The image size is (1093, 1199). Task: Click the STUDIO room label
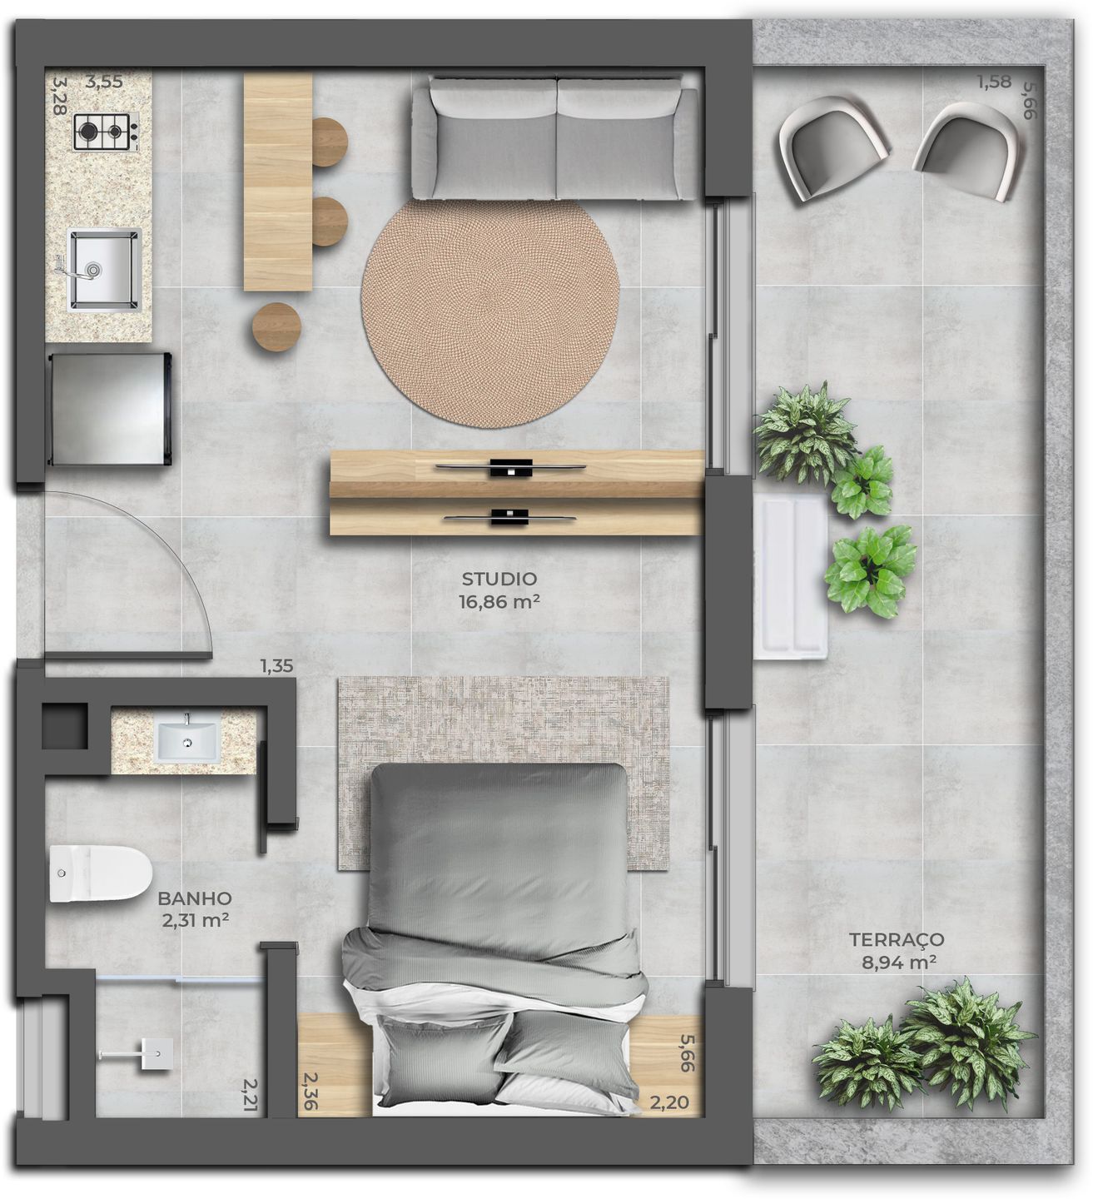[x=499, y=579]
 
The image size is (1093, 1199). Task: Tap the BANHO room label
[x=194, y=898]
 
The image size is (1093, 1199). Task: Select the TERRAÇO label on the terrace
[x=896, y=939]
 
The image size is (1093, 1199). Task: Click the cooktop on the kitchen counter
[x=106, y=132]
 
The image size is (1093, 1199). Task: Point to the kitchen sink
[x=103, y=269]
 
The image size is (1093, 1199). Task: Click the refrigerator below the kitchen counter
[x=110, y=409]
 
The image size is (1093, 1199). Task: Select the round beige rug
[x=490, y=313]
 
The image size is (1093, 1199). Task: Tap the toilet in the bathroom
[x=99, y=873]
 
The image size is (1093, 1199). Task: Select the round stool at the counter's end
[x=276, y=326]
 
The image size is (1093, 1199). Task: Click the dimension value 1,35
[x=276, y=666]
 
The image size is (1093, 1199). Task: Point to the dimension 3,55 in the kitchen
[x=104, y=82]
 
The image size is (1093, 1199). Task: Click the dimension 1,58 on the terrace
[x=994, y=82]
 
